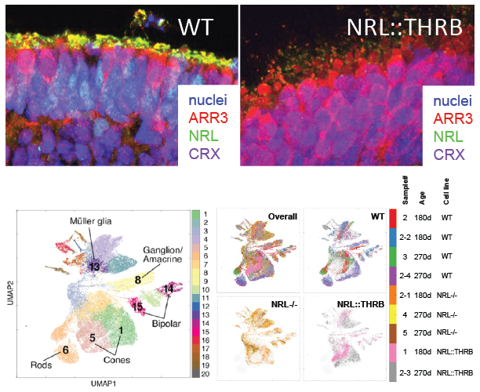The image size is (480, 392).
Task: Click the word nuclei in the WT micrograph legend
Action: coord(209,100)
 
